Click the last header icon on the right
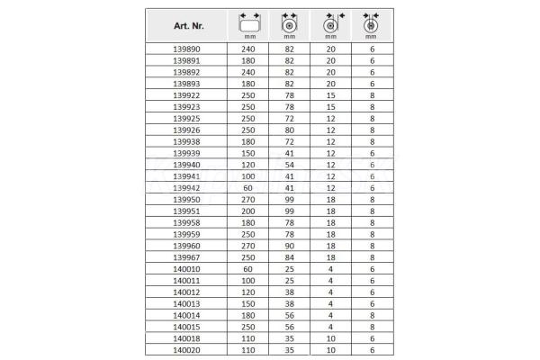(370, 22)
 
